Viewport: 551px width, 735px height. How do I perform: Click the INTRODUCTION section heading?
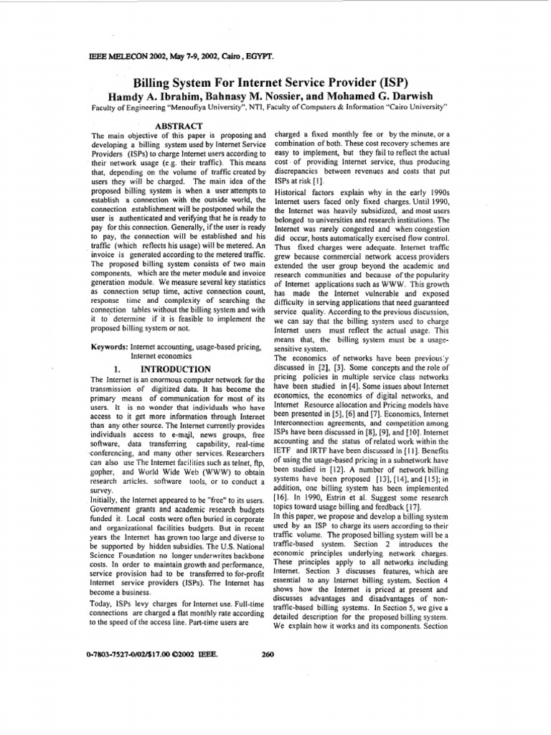click(x=177, y=369)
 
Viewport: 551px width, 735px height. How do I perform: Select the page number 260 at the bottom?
click(x=269, y=654)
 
